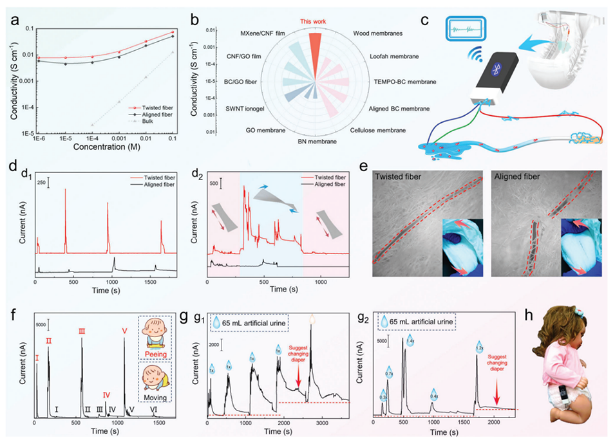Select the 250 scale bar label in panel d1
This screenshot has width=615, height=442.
click(x=41, y=183)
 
